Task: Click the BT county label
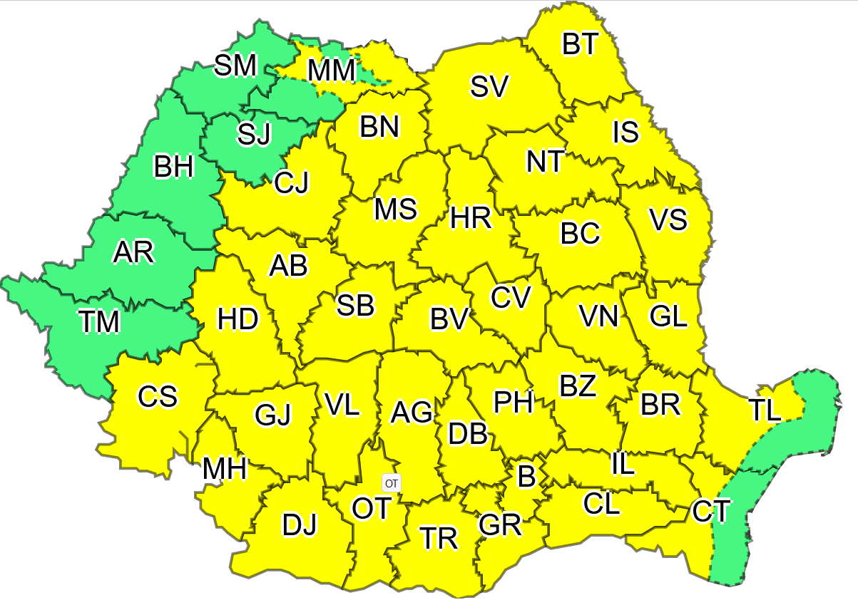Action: point(580,44)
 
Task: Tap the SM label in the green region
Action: point(235,66)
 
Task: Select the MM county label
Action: point(331,71)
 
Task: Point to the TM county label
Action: point(99,322)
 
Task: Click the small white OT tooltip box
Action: point(392,483)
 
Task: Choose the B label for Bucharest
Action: point(526,476)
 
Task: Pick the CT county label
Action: point(710,510)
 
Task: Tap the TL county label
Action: point(765,410)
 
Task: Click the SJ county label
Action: point(255,134)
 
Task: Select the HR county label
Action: point(471,218)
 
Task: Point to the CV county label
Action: point(511,297)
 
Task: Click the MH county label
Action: point(225,469)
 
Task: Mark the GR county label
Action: point(500,525)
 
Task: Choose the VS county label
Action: point(668,219)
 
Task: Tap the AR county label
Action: point(134,252)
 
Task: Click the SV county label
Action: point(489,86)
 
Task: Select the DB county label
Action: point(467,433)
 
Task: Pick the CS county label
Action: point(158,396)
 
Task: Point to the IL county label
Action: point(623,464)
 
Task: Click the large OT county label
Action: point(372,508)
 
